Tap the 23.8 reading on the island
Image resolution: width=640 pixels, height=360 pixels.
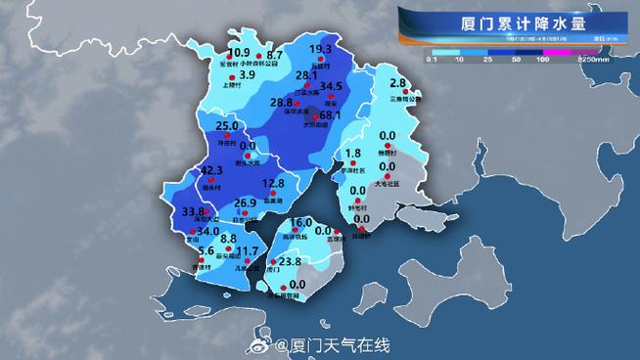(290, 262)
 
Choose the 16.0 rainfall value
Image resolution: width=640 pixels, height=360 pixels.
(300, 223)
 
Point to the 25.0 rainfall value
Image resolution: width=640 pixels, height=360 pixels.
(227, 126)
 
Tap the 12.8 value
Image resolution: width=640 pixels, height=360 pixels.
(274, 183)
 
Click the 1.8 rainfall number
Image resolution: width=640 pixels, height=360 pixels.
(354, 154)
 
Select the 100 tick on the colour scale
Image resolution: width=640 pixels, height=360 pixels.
(542, 60)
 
